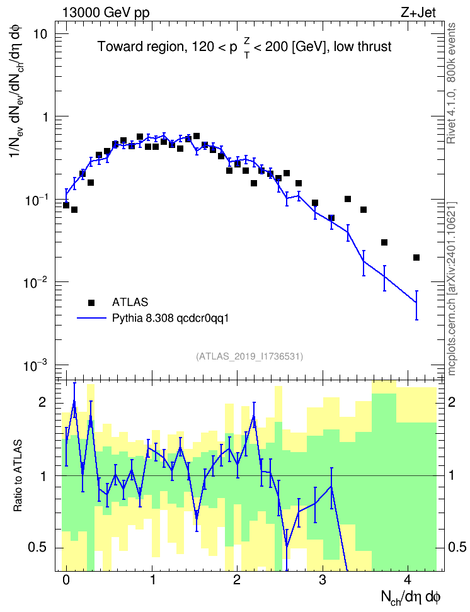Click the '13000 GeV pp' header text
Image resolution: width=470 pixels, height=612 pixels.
[105, 13]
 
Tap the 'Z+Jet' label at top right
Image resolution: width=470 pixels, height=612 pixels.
[418, 13]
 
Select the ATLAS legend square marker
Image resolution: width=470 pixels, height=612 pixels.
[91, 302]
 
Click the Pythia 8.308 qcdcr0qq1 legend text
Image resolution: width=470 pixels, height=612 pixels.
[170, 318]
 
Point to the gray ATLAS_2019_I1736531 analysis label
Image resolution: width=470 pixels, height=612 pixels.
[249, 356]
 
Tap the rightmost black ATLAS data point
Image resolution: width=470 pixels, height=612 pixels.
[416, 258]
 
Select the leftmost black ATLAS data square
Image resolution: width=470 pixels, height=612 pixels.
[66, 205]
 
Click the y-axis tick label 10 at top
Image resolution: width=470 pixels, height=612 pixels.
[40, 34]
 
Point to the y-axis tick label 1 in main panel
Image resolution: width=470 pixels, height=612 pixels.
[45, 116]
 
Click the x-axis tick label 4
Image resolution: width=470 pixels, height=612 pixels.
[408, 579]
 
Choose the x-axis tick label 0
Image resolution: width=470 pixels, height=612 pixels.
[66, 579]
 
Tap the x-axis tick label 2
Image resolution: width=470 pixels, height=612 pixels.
[237, 579]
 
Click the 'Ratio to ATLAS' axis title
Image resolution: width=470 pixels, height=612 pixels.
[18, 475]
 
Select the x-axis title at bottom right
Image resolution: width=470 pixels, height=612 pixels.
[411, 597]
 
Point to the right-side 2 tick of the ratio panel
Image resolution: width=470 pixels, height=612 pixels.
[452, 402]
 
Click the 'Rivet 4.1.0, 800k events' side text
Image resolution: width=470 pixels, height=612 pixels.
[451, 83]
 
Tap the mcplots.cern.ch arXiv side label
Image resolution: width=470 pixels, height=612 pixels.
[451, 288]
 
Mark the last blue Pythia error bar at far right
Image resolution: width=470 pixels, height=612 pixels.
[416, 305]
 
